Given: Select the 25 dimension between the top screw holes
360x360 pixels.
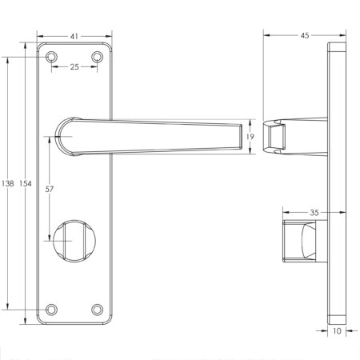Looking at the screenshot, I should point(75,68).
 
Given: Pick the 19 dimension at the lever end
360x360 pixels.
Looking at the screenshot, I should point(251,138).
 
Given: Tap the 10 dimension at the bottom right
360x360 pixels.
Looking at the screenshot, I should point(337,328).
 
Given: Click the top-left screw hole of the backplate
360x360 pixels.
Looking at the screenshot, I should point(53,58).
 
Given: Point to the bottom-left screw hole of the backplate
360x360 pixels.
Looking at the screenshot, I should point(53,309).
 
